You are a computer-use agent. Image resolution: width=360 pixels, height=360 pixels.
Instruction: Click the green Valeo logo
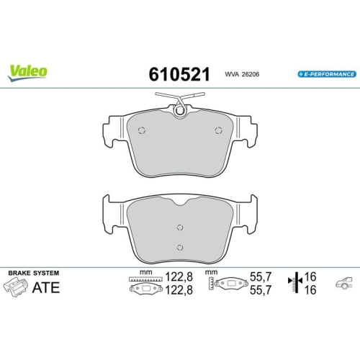[x=28, y=71]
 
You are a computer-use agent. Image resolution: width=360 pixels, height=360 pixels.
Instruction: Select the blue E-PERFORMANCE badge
[x=325, y=74]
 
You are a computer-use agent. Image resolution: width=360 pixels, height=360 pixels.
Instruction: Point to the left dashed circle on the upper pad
[x=141, y=130]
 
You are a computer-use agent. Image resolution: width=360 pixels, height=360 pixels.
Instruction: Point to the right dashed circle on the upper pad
[x=219, y=130]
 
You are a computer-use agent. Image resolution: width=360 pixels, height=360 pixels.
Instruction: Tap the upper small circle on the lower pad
[x=180, y=228]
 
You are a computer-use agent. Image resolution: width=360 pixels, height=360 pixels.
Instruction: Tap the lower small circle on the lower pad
[x=180, y=248]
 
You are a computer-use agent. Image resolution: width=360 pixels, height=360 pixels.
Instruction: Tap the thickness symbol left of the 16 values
[x=293, y=283]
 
